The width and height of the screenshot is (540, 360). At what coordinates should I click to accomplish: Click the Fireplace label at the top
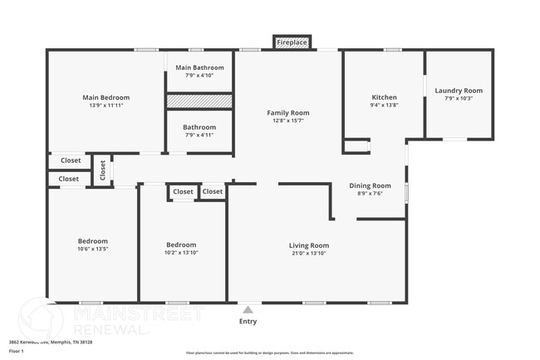coord(291,42)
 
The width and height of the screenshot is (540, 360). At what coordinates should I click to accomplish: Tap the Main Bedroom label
coord(106,97)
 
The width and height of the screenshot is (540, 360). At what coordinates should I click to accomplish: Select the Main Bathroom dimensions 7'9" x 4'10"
coord(199,75)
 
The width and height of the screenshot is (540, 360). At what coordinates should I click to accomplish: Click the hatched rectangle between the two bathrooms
coord(199,101)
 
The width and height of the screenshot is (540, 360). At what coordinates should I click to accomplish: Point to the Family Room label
coord(287,112)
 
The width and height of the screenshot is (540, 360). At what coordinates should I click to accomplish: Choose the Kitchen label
coord(384,97)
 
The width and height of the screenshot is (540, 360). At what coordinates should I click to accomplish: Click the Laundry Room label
coord(459,91)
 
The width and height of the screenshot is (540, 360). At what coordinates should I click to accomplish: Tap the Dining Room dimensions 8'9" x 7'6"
coord(370,193)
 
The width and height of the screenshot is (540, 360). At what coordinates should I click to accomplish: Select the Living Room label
coord(309,245)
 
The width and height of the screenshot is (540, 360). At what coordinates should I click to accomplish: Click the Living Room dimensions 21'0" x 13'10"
coord(309,253)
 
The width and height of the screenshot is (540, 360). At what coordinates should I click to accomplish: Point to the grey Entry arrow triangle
coord(248,309)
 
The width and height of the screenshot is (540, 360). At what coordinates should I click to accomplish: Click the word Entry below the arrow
coord(248,321)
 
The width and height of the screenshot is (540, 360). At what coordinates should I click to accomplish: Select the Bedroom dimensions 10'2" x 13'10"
coord(181,252)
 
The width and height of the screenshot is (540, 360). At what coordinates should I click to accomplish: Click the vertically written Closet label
coord(102,170)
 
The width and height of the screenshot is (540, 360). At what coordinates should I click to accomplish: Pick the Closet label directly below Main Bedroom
coord(71,160)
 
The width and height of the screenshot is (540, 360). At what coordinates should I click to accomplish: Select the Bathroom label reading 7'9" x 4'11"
coord(199,127)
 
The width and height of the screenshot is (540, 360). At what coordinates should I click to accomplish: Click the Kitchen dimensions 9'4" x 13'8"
coord(384,105)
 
